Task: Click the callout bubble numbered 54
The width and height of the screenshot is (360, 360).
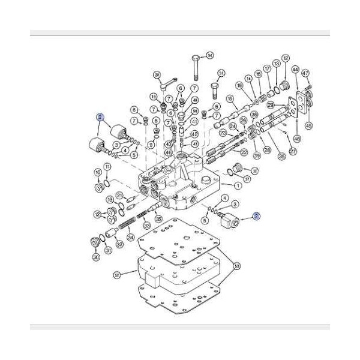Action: (x=209, y=56)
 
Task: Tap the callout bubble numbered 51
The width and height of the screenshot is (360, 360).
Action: (x=221, y=74)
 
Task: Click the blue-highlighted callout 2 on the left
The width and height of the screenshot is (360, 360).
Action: (x=101, y=118)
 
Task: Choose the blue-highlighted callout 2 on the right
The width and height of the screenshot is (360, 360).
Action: (x=256, y=217)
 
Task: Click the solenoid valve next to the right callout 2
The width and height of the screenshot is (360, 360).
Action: (x=231, y=223)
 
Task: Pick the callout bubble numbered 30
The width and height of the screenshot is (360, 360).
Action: (x=95, y=257)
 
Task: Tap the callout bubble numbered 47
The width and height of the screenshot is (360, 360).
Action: (x=305, y=73)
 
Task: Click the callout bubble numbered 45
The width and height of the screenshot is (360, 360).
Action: (x=309, y=126)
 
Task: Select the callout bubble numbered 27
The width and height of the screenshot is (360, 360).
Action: (x=293, y=152)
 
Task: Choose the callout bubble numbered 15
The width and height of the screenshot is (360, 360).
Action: (x=230, y=98)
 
